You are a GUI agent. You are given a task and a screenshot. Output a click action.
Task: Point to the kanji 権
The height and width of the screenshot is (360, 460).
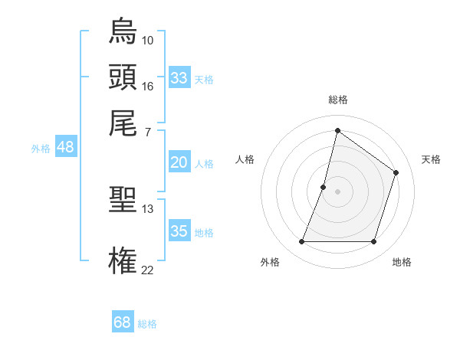click(123, 260)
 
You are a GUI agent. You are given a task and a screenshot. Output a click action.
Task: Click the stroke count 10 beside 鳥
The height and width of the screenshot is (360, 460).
click(148, 40)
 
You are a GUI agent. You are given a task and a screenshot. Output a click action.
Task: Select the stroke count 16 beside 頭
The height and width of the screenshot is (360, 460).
click(148, 86)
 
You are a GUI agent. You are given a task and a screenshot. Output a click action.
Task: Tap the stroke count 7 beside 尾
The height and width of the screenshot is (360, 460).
click(146, 133)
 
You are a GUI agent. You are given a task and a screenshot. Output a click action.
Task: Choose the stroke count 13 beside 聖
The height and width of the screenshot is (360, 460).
click(148, 208)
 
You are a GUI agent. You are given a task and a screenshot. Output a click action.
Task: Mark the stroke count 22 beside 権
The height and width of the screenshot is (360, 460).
click(148, 270)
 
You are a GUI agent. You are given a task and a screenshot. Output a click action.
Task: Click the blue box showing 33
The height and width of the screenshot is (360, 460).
click(179, 78)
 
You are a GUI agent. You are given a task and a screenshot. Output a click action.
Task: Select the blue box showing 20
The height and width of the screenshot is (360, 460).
click(179, 162)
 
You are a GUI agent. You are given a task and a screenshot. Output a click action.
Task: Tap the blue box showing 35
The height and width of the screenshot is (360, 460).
click(179, 231)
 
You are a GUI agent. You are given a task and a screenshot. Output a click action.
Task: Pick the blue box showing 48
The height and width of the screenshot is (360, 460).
click(65, 147)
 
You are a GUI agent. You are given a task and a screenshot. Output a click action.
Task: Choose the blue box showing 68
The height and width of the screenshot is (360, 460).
click(122, 322)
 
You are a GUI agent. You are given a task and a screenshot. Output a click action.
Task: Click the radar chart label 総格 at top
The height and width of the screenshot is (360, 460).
click(337, 100)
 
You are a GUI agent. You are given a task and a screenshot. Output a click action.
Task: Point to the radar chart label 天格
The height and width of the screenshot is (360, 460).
click(431, 159)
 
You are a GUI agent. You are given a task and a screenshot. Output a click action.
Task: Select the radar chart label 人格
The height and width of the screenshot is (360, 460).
click(245, 159)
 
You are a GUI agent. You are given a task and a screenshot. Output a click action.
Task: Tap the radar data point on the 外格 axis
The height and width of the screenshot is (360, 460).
click(301, 242)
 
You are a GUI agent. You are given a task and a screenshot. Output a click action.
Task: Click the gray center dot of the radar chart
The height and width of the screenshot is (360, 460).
click(337, 191)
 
